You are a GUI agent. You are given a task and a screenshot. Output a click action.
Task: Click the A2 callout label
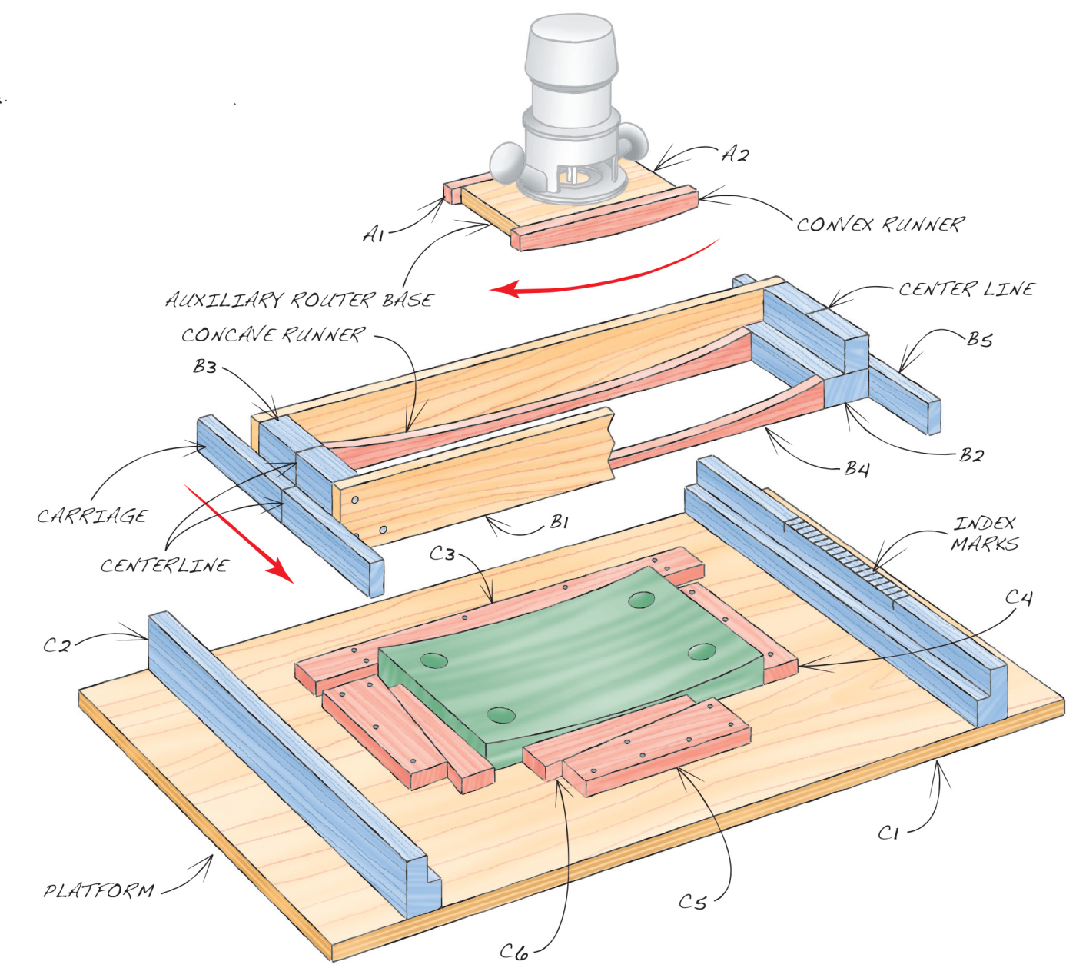734,155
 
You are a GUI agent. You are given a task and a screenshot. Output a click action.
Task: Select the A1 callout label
374,235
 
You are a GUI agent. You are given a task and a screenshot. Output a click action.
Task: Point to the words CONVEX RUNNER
880,225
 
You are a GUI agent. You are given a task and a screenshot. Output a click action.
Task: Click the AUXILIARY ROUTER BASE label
299,299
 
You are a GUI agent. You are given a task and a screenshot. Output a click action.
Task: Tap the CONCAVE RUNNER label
273,334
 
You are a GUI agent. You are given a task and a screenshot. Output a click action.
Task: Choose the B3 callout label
204,367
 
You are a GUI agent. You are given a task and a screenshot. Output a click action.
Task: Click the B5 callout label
979,340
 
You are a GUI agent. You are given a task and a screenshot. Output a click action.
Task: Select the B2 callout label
972,456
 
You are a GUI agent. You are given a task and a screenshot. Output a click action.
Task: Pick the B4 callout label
857,469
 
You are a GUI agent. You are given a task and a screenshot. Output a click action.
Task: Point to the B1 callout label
559,521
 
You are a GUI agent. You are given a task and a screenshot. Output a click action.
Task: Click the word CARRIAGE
91,516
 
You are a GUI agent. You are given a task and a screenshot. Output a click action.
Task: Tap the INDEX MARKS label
985,534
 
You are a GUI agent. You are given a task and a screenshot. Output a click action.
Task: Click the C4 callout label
1018,597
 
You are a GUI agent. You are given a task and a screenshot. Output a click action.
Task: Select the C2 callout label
57,645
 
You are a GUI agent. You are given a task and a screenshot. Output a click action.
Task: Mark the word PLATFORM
99,891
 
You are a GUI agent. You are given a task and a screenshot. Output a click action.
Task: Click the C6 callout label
514,951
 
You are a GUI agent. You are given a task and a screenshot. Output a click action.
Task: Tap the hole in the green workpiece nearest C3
642,600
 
